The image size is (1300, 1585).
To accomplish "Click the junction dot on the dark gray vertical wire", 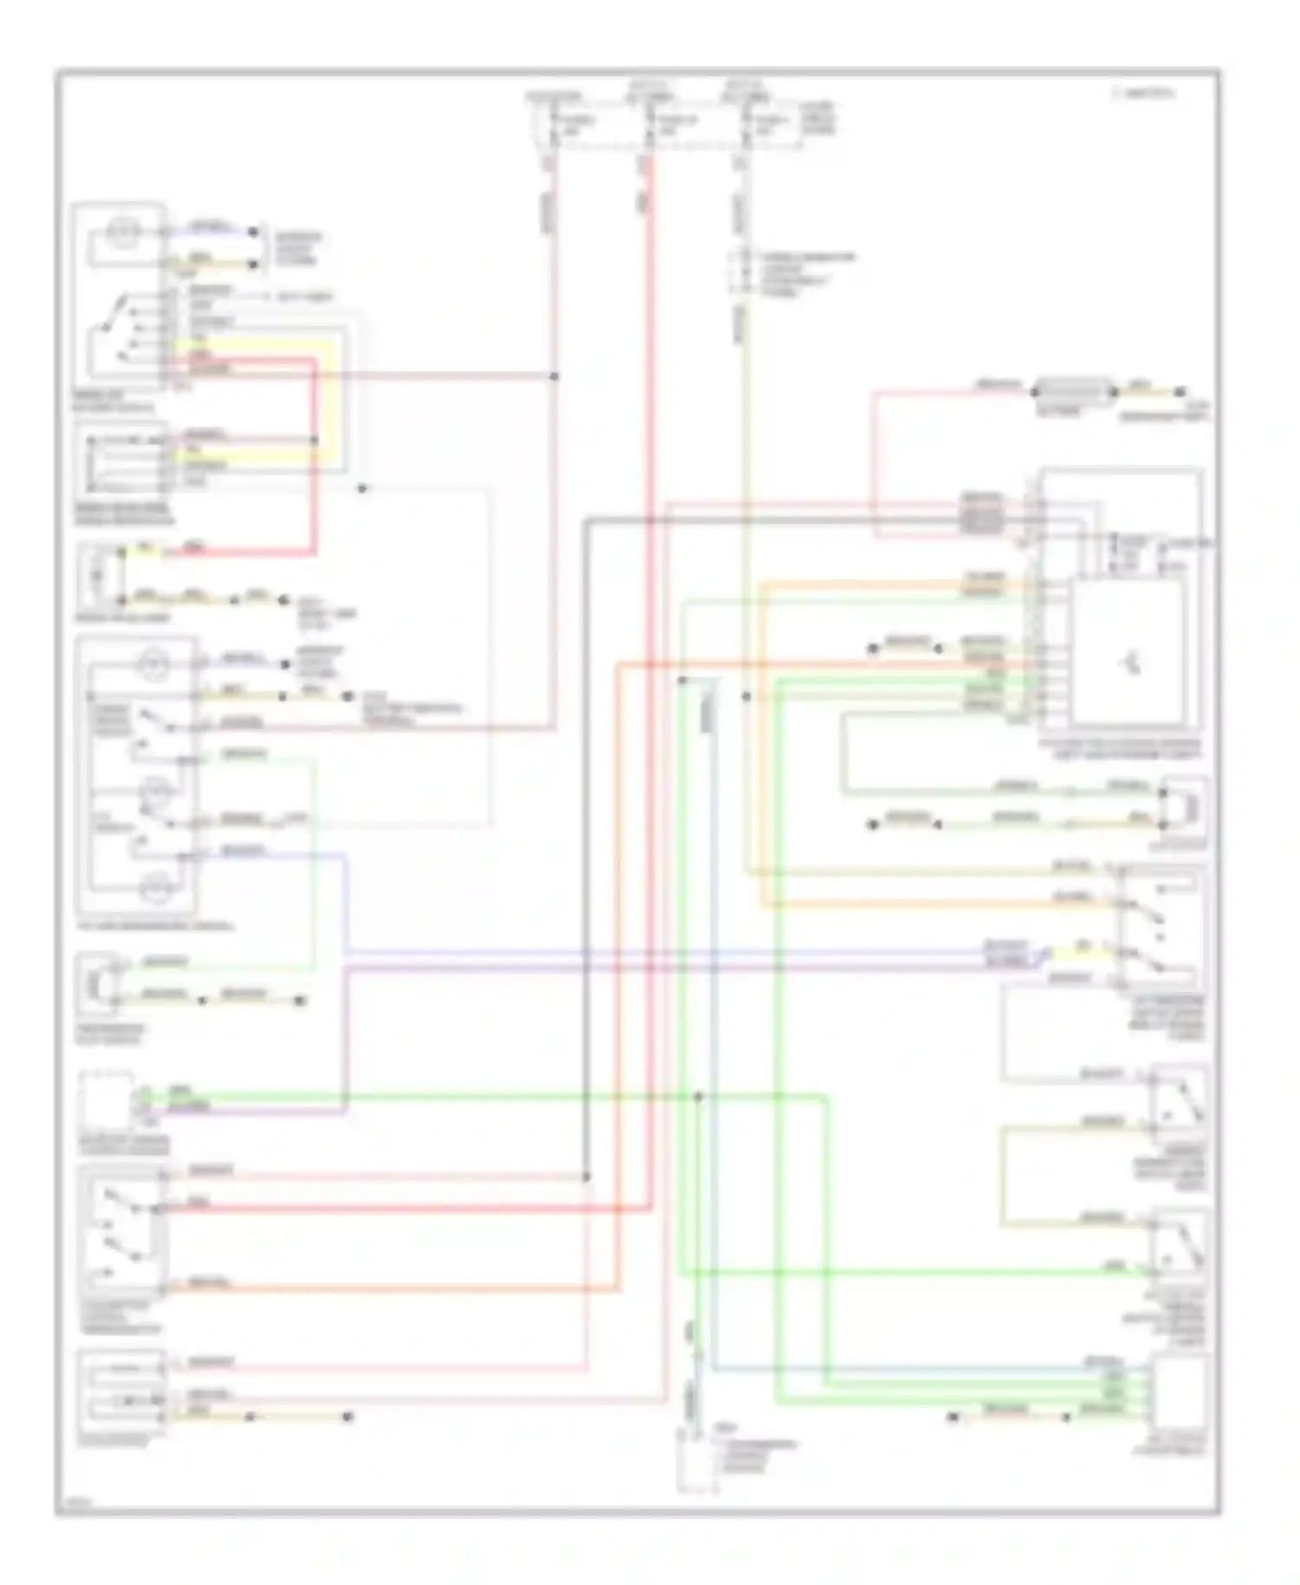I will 586,1177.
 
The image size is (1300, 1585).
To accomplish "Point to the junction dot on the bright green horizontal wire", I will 699,1097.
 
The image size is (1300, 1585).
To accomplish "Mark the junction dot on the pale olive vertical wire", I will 746,696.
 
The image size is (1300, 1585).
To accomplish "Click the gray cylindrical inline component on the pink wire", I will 1073,392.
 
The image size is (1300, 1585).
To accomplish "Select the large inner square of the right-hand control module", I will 1128,652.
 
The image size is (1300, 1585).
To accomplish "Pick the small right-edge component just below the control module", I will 1185,808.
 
